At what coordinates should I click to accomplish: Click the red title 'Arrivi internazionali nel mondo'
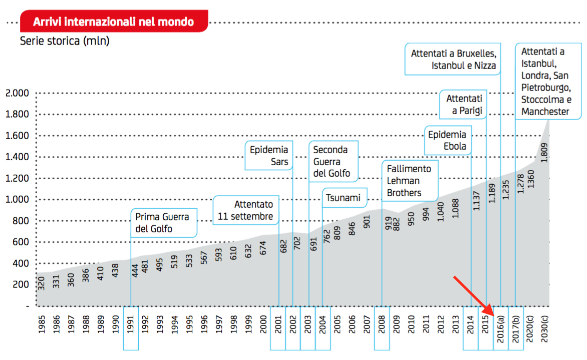(x=113, y=22)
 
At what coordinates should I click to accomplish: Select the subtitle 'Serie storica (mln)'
(x=65, y=41)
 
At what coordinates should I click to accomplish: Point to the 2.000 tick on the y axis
(x=17, y=93)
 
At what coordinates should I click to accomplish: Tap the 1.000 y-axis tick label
(x=17, y=200)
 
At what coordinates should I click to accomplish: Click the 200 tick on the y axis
(x=21, y=285)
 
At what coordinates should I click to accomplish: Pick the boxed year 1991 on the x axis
(x=131, y=328)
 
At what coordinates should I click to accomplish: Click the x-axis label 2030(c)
(x=545, y=328)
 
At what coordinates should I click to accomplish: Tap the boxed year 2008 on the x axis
(x=382, y=328)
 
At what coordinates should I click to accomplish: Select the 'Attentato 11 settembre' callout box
(x=246, y=210)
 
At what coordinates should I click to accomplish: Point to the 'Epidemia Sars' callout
(x=268, y=156)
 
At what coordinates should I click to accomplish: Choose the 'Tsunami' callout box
(x=344, y=198)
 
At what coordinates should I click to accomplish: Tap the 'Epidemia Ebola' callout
(x=448, y=140)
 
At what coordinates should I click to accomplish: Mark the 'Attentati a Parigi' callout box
(x=463, y=104)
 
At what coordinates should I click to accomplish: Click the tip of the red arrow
(x=494, y=315)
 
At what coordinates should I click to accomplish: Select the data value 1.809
(x=544, y=151)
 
